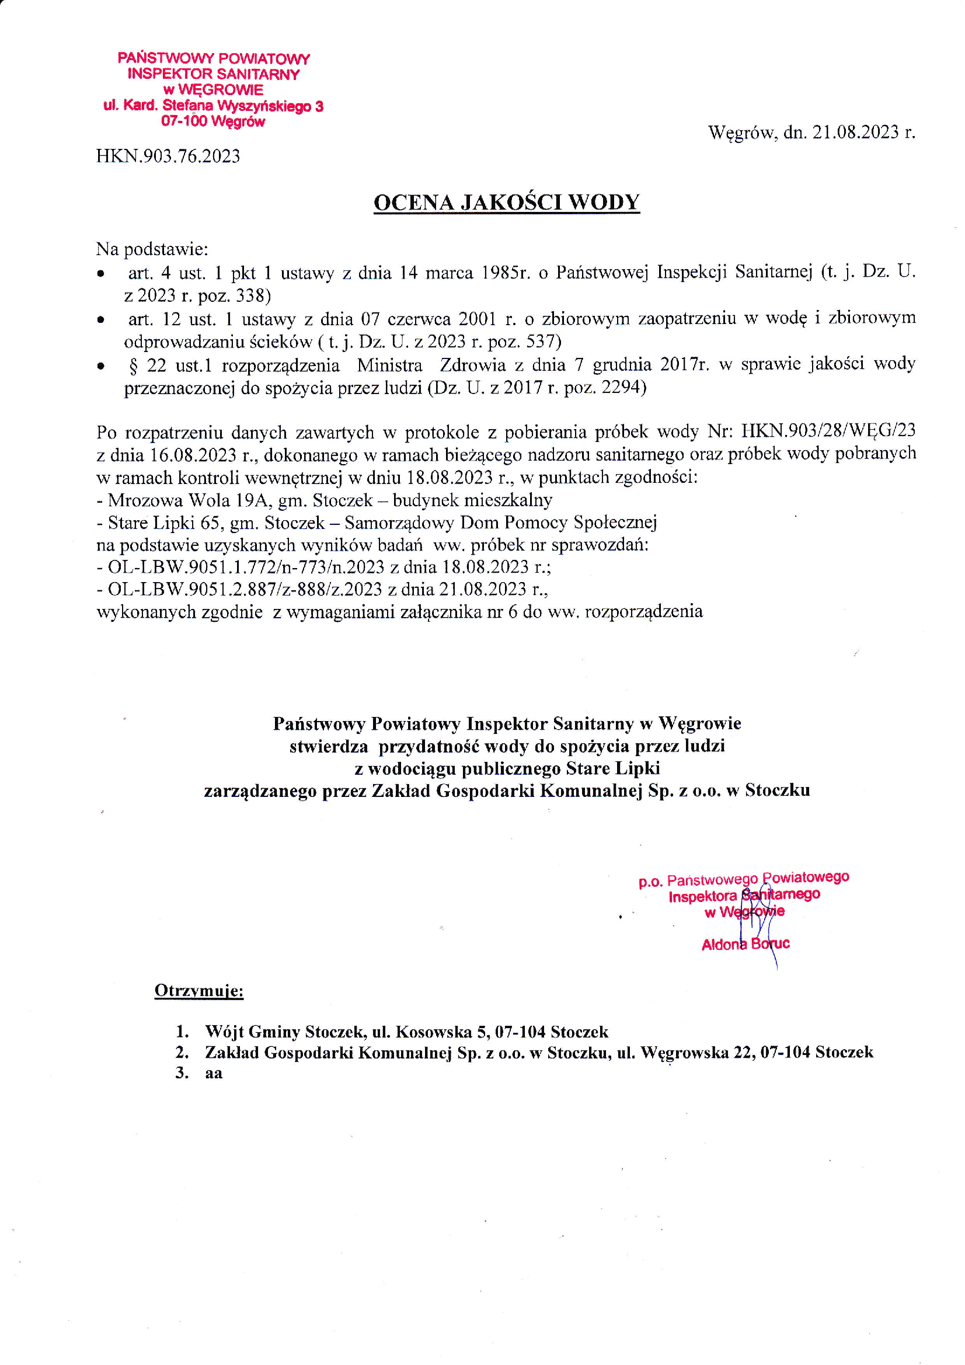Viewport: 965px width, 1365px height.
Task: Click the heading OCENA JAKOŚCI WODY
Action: point(506,202)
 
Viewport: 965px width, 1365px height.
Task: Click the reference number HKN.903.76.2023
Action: point(168,156)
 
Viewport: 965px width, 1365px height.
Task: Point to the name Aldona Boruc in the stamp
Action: point(745,944)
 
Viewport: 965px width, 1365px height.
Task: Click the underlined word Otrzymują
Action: point(198,991)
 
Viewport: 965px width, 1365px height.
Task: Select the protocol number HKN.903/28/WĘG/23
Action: point(828,430)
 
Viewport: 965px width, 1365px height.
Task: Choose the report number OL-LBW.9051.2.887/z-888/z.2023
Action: point(245,589)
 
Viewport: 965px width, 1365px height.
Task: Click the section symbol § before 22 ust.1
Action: point(133,364)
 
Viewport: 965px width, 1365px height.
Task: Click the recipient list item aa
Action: point(214,1073)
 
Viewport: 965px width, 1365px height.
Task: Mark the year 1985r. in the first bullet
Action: point(505,273)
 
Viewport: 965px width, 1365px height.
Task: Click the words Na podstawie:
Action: point(152,249)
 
